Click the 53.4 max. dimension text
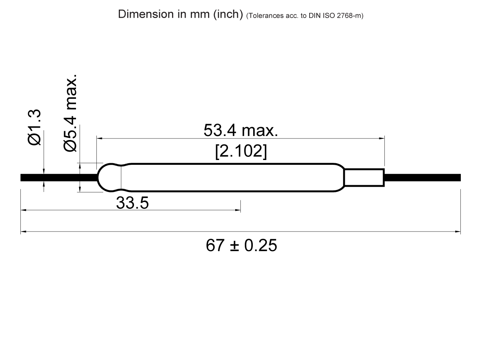pos(240,130)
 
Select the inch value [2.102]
pos(240,152)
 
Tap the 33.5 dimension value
pos(132,203)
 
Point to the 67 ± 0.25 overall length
pos(241,245)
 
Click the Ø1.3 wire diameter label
pos(35,128)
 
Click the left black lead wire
pos(58,178)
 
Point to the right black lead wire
pos(422,178)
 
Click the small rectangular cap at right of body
pos(364,178)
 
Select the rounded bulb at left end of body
pos(109,178)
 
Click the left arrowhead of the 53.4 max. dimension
pos(100,138)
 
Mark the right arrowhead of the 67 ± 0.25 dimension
pos(458,232)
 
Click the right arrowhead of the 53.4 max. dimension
pos(382,138)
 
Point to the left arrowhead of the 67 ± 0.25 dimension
pos(23,232)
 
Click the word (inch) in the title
pos(228,14)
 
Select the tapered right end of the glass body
pos(339,178)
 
